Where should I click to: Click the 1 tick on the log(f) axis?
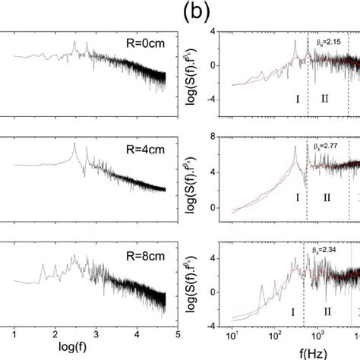(x=16, y=331)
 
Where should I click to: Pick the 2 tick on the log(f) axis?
(x=56, y=331)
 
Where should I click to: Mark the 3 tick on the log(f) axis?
(x=96, y=331)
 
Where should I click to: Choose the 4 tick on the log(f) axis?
(x=137, y=331)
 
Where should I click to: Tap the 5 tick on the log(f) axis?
(x=176, y=331)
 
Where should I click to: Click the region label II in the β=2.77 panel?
(x=327, y=198)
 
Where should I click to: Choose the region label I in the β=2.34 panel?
(x=292, y=311)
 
